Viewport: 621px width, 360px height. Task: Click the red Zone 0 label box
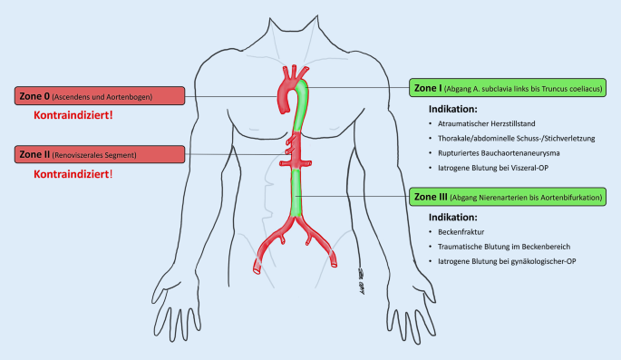pyautogui.click(x=100, y=96)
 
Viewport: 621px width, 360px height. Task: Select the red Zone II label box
pyautogui.click(x=100, y=154)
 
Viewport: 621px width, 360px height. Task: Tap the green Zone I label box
pyautogui.click(x=508, y=88)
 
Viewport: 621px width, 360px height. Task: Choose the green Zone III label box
pyautogui.click(x=508, y=197)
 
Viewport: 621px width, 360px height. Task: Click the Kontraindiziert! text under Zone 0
pyautogui.click(x=73, y=115)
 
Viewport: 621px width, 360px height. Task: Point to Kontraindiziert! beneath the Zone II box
pyautogui.click(x=73, y=174)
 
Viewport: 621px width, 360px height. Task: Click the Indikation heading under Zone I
pyautogui.click(x=453, y=109)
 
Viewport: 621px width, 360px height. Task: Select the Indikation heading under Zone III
pyautogui.click(x=453, y=217)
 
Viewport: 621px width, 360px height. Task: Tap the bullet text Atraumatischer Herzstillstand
pyautogui.click(x=486, y=123)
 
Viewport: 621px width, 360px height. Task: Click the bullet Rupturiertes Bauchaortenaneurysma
pyautogui.click(x=499, y=153)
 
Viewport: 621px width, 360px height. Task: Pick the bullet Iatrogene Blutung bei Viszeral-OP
pyautogui.click(x=493, y=168)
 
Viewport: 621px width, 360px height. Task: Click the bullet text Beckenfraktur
pyautogui.click(x=461, y=231)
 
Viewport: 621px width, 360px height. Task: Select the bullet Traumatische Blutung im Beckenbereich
pyautogui.click(x=504, y=247)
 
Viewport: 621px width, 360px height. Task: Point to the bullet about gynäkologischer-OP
pyautogui.click(x=507, y=261)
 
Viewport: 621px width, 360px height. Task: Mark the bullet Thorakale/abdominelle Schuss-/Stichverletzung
pyautogui.click(x=517, y=138)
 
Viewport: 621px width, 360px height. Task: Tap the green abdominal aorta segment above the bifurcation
pyautogui.click(x=296, y=192)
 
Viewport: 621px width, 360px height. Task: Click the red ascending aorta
pyautogui.click(x=284, y=99)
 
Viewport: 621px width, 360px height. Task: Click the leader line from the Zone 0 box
pyautogui.click(x=231, y=96)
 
